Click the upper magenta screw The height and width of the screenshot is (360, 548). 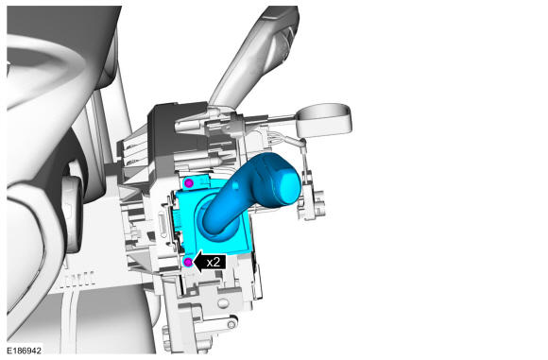(x=189, y=182)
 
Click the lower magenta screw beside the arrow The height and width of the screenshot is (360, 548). (x=188, y=262)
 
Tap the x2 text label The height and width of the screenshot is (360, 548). (x=214, y=262)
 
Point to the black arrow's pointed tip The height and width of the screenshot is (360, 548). (x=194, y=262)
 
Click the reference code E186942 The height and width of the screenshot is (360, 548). (x=25, y=351)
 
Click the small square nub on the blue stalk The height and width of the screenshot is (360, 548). (x=236, y=184)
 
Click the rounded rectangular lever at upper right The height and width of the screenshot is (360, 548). (x=324, y=120)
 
